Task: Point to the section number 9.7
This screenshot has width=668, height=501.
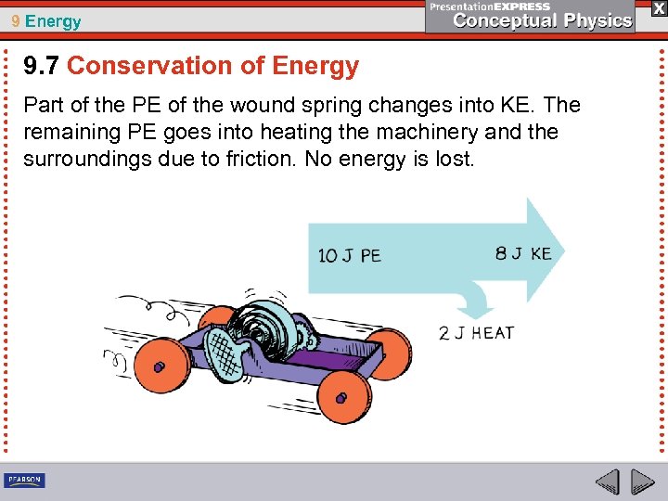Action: [42, 66]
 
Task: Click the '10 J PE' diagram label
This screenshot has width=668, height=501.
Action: [349, 255]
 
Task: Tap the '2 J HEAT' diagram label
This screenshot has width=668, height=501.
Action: [476, 333]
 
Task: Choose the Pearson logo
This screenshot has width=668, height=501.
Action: [25, 480]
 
